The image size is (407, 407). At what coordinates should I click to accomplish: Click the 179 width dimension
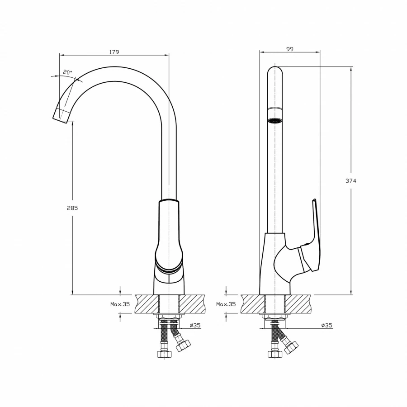114,52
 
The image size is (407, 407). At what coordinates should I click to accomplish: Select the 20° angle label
68,72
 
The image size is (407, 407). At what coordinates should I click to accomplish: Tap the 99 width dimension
290,49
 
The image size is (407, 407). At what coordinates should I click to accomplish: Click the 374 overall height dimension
351,180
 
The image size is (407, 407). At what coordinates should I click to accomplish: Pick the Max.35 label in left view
120,304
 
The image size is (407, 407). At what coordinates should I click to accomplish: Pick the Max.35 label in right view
226,304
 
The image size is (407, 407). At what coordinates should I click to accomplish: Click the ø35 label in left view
195,326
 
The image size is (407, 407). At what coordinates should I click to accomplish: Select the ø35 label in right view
327,326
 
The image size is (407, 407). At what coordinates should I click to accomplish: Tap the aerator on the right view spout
275,121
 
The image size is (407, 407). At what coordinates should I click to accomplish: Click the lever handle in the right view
313,235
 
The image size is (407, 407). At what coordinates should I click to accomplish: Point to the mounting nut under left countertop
170,317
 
